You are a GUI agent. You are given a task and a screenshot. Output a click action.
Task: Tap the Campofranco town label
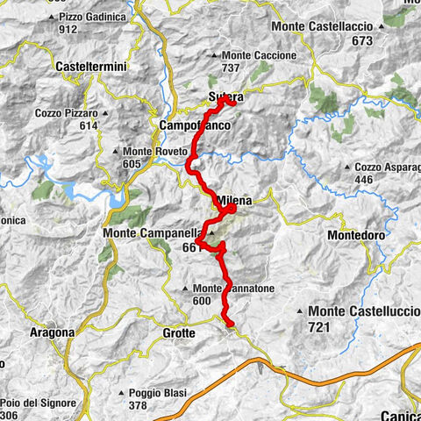pos(194,126)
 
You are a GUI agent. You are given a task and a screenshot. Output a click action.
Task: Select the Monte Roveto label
pos(160,151)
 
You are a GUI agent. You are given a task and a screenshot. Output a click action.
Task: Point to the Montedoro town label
pos(355,237)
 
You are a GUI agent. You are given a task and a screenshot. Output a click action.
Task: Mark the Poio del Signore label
pos(36,403)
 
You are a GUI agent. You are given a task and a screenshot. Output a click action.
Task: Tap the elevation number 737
pos(231,68)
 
